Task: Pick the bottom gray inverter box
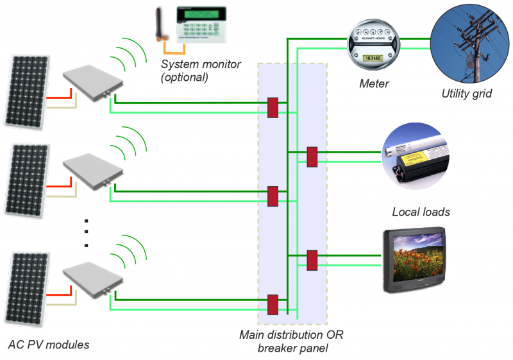(x=94, y=278)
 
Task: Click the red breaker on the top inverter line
(x=273, y=107)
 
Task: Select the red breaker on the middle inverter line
(x=273, y=196)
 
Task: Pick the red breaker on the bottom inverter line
(x=273, y=304)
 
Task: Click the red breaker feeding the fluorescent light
(x=312, y=157)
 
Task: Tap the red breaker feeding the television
(x=312, y=260)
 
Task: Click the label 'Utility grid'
(x=466, y=94)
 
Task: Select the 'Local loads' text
(x=421, y=212)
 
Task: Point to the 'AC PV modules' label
(x=49, y=345)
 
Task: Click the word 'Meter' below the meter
(x=374, y=83)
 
